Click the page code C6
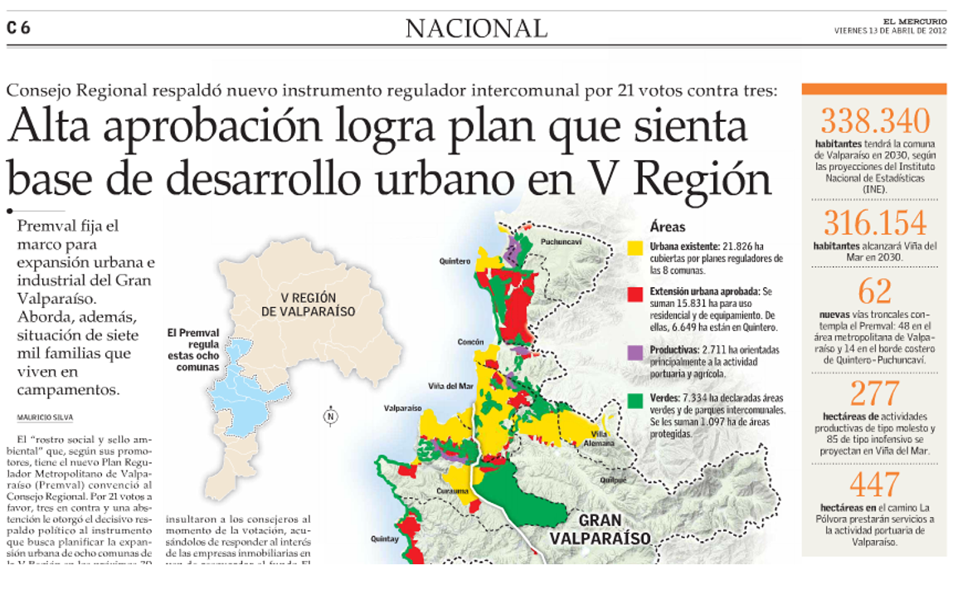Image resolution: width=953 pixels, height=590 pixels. click(x=18, y=28)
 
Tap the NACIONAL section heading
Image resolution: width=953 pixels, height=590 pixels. click(x=476, y=29)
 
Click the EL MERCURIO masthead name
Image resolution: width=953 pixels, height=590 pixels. click(x=914, y=22)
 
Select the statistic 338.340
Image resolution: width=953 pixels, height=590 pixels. click(x=874, y=121)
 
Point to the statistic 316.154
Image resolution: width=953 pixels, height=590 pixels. click(x=874, y=224)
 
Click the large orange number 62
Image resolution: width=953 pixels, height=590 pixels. click(x=874, y=292)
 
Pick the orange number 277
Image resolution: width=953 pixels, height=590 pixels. click(x=874, y=393)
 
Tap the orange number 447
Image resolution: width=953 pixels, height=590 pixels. click(x=874, y=484)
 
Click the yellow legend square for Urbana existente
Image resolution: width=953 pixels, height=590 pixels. click(x=635, y=247)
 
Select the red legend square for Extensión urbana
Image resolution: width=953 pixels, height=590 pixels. click(x=635, y=293)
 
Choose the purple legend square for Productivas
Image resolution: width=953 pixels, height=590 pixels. click(x=635, y=352)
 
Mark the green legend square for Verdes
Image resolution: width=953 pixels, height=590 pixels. click(x=635, y=399)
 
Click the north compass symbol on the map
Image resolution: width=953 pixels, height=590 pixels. click(x=330, y=417)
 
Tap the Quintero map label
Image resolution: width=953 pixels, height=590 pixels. click(x=455, y=261)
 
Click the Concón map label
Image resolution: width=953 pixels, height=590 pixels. click(x=470, y=342)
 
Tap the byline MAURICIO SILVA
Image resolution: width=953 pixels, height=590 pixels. click(x=44, y=417)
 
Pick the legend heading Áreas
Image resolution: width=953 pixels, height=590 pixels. click(x=668, y=227)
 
